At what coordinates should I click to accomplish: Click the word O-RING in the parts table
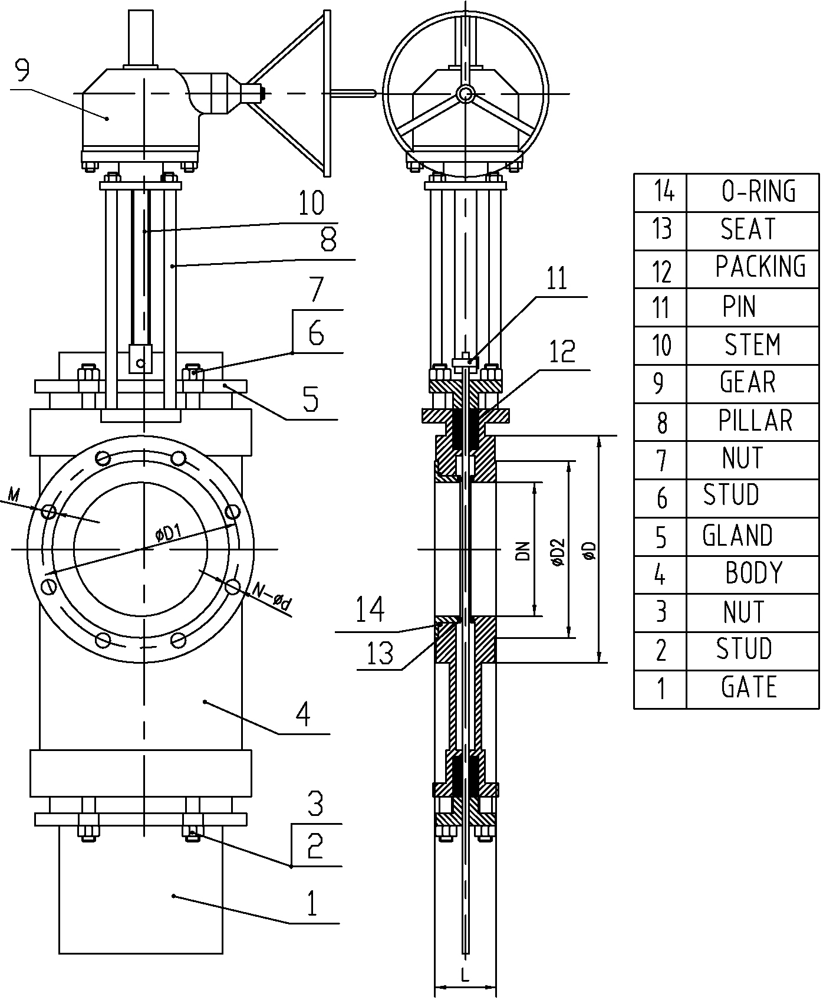click(758, 192)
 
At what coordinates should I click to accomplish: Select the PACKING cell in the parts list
click(760, 267)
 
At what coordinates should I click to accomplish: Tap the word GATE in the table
click(749, 687)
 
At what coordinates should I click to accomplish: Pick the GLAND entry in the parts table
click(737, 536)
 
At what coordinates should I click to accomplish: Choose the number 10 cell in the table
click(661, 345)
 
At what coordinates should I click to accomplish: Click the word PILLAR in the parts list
click(755, 421)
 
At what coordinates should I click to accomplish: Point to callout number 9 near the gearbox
click(22, 70)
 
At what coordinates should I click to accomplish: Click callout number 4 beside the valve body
click(302, 714)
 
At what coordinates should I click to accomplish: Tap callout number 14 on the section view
click(370, 610)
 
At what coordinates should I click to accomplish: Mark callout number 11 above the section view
click(556, 278)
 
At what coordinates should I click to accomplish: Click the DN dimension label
click(522, 550)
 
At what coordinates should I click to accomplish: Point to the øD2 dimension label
click(558, 552)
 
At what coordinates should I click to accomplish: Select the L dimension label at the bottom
click(465, 976)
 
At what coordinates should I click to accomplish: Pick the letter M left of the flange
click(15, 494)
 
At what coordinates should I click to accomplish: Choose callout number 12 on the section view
click(562, 352)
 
